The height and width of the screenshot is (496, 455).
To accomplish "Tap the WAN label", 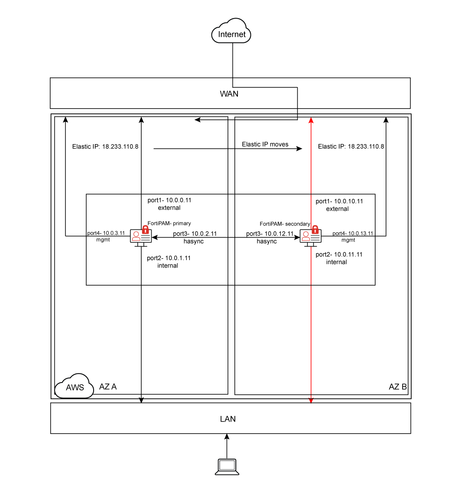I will (229, 93).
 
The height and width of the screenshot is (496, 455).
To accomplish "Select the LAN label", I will (228, 419).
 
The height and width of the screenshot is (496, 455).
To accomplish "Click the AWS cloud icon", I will (75, 386).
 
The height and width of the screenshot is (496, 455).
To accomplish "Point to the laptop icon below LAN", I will (227, 467).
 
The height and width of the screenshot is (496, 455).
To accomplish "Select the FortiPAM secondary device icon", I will (311, 236).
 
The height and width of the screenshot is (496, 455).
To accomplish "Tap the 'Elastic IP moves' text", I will (265, 144).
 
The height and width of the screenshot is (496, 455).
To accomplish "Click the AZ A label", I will (108, 386).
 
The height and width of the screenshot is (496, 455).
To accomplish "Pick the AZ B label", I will (397, 386).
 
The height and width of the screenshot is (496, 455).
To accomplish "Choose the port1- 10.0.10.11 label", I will (339, 201).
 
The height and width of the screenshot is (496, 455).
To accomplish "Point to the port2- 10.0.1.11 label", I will (169, 258).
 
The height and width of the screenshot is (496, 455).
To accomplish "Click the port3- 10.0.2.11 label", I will (195, 234).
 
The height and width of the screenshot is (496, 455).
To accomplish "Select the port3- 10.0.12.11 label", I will (270, 234).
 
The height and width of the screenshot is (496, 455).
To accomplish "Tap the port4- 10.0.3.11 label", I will (106, 233).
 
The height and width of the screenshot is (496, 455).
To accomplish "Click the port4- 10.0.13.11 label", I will (353, 233).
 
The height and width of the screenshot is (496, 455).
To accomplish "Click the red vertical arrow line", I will (311, 303).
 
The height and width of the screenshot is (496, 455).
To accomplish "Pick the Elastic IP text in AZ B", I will (351, 147).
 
